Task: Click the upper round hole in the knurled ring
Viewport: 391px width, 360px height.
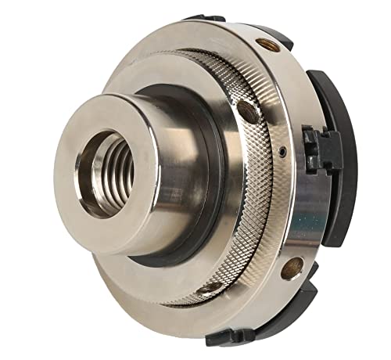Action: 248,112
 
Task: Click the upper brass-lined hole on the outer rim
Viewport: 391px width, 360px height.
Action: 267,45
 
